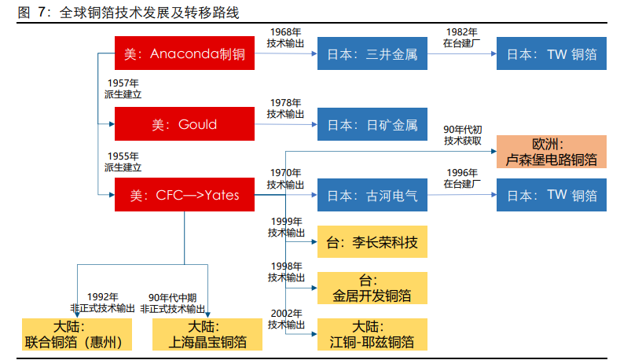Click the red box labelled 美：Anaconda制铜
[x=185, y=54]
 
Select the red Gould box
[x=185, y=124]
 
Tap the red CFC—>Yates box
[x=185, y=195]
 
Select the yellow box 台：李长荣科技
[x=372, y=241]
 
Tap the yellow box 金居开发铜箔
[x=372, y=288]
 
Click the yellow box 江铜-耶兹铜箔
[x=372, y=334]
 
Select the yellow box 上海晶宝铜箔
[x=207, y=334]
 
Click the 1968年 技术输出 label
[x=285, y=38]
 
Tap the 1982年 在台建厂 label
[x=461, y=38]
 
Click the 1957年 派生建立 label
[x=123, y=87]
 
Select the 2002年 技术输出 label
[x=285, y=318]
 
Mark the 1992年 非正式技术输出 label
[x=103, y=302]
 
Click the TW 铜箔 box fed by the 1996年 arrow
[x=552, y=195]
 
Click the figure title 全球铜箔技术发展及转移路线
[x=149, y=12]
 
